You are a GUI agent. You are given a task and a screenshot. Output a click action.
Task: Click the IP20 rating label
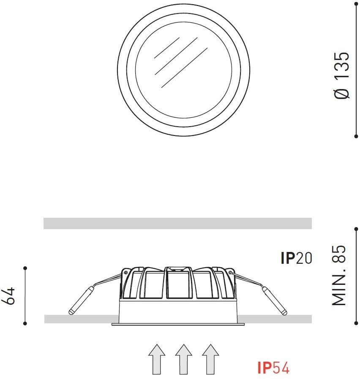click(296, 258)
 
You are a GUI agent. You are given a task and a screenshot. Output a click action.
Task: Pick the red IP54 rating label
click(273, 368)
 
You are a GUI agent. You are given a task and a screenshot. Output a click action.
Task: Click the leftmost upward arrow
click(156, 359)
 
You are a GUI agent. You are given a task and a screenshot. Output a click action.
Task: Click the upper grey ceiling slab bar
click(177, 223)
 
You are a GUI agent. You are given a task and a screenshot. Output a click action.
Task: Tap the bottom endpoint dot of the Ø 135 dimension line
click(356, 136)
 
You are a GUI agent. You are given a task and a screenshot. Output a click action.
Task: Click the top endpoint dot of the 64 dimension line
click(25, 268)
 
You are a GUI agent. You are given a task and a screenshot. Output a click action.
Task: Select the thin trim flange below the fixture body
click(178, 325)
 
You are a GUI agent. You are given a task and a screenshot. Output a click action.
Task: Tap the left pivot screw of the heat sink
click(125, 273)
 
